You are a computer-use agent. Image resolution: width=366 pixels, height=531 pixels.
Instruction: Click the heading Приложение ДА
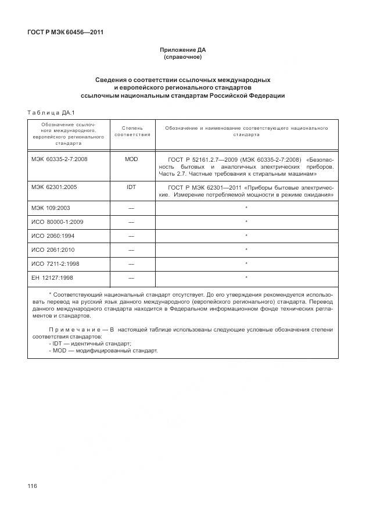[x=182, y=51]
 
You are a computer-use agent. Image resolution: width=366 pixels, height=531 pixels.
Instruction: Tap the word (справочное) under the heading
[x=182, y=58]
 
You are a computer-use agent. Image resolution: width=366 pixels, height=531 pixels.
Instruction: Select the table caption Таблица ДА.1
[x=48, y=112]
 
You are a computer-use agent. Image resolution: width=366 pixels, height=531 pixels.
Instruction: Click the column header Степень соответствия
[x=132, y=131]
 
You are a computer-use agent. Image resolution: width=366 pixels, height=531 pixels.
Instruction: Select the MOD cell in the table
[x=131, y=159]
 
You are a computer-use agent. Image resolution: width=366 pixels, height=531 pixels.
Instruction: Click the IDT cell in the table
[x=131, y=188]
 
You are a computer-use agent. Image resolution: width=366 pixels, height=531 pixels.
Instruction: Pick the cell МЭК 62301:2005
[x=55, y=188]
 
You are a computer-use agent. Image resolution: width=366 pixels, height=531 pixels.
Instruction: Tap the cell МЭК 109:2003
[x=52, y=208]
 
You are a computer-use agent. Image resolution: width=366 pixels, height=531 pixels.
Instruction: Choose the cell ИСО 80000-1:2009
[x=57, y=222]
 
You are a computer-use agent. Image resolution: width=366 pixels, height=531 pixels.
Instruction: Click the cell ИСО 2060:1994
[x=53, y=236]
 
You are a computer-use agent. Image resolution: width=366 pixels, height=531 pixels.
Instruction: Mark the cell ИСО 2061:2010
[x=53, y=250]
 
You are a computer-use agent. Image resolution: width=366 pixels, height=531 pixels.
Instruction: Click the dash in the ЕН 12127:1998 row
[x=131, y=277]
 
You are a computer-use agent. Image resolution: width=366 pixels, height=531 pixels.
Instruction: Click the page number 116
[x=32, y=486]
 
